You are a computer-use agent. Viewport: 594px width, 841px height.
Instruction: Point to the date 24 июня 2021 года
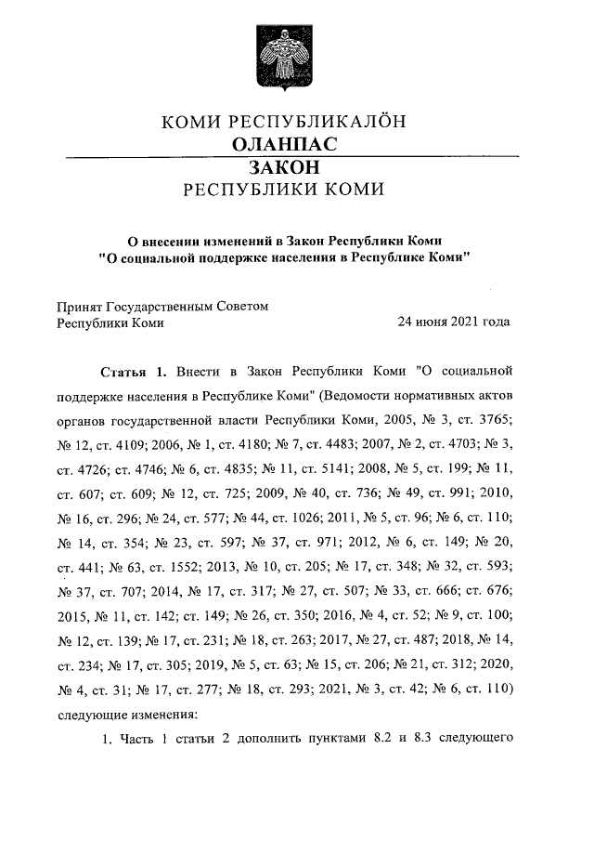coord(454,323)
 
